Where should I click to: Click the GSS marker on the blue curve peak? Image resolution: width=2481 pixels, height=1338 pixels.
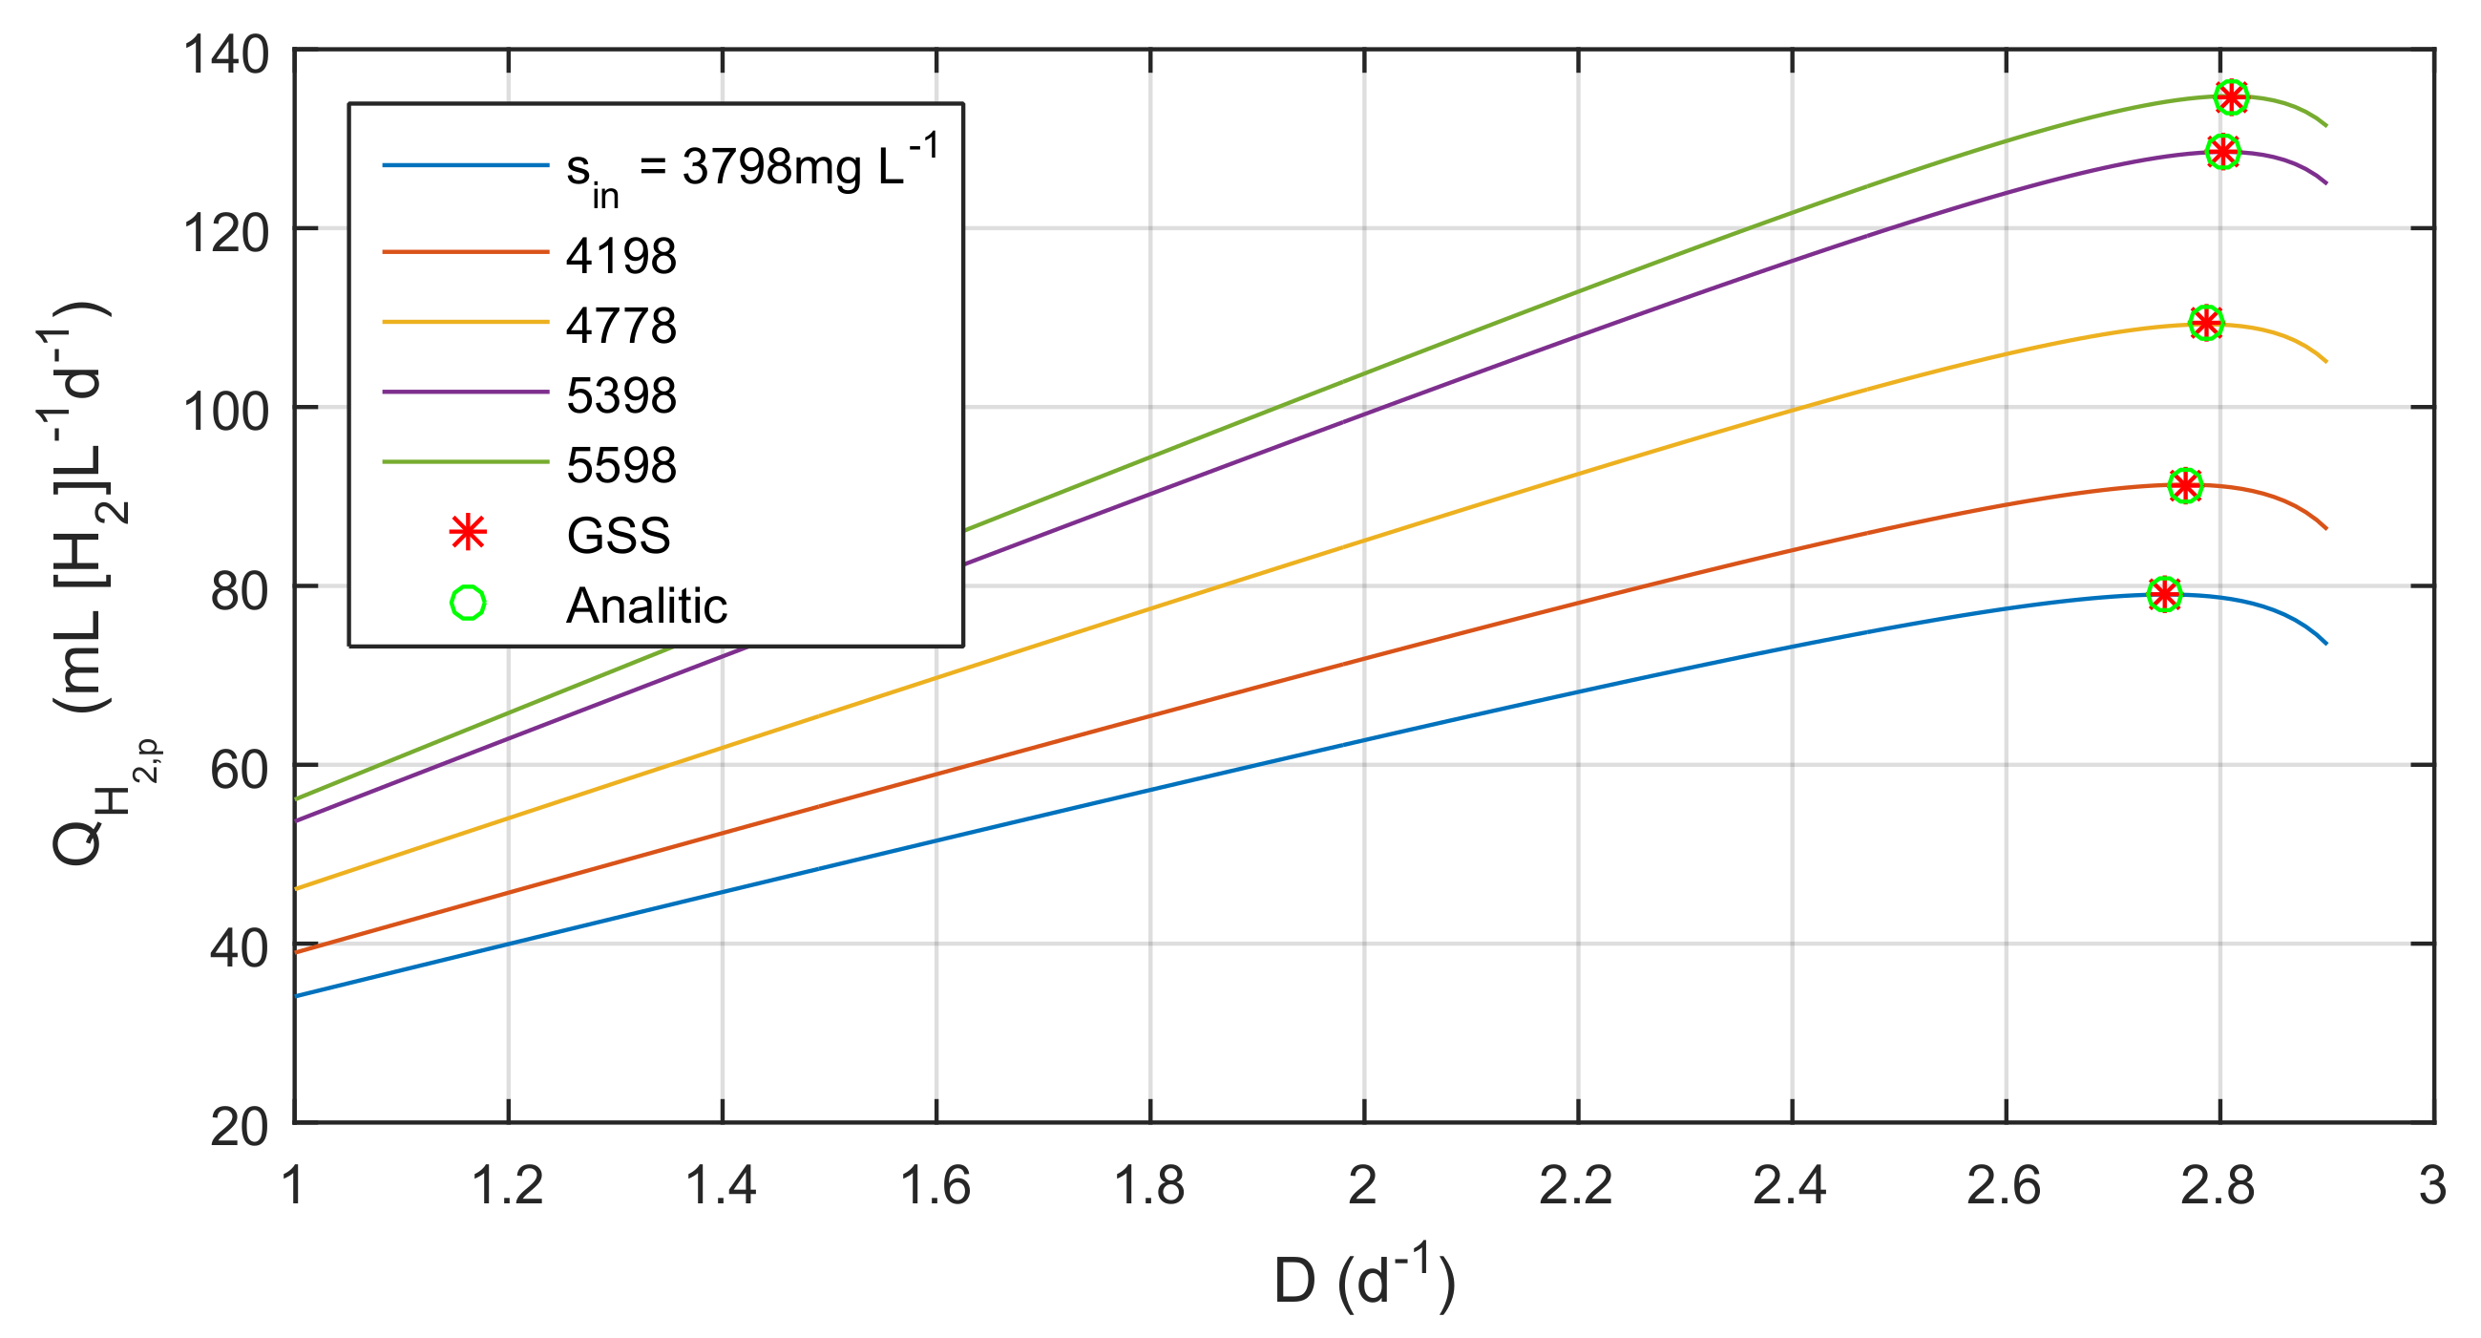(x=2164, y=594)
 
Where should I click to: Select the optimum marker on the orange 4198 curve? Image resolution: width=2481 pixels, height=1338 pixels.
(x=2185, y=485)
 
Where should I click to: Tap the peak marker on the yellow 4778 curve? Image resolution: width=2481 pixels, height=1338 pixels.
(x=2205, y=323)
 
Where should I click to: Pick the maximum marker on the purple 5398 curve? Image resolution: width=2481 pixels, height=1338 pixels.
(x=2222, y=151)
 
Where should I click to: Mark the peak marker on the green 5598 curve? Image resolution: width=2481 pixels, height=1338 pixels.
(x=2232, y=96)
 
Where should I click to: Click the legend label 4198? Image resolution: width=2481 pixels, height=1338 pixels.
(x=621, y=257)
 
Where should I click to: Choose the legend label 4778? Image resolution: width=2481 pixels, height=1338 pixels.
(x=621, y=327)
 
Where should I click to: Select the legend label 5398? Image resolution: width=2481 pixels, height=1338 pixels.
(x=621, y=396)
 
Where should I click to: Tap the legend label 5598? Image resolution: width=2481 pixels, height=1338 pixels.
(x=621, y=466)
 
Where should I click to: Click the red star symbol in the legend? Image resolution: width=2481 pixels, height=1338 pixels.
(x=467, y=534)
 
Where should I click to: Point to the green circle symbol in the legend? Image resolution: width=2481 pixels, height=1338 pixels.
(x=467, y=604)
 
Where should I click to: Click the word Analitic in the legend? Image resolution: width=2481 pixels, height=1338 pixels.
(x=646, y=605)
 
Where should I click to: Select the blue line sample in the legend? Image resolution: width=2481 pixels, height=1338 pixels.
(x=465, y=165)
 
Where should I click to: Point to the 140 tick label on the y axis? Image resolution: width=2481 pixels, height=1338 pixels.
(x=225, y=53)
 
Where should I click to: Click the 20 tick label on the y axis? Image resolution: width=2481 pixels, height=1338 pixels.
(x=239, y=1126)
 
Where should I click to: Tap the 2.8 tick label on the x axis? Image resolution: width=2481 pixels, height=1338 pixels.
(x=2218, y=1186)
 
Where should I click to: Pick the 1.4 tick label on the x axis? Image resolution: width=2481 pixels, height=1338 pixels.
(x=721, y=1186)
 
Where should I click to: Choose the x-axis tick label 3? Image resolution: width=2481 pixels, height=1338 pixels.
(x=2433, y=1186)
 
